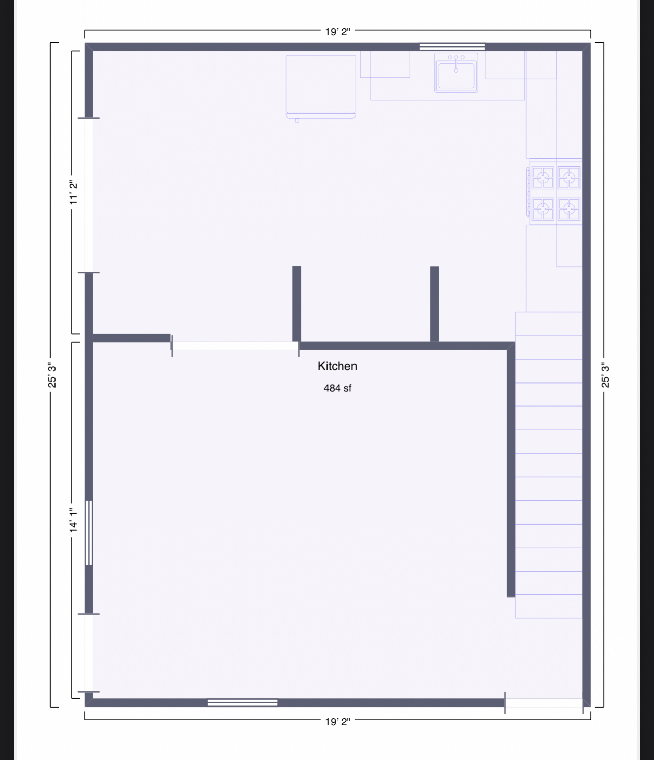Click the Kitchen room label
(x=337, y=366)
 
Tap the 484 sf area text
(x=337, y=388)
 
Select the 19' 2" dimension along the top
(x=337, y=32)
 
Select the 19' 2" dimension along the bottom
(x=337, y=721)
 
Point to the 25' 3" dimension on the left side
(x=52, y=375)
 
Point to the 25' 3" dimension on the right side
(x=605, y=375)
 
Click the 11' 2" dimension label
(x=74, y=193)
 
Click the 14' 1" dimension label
(x=74, y=521)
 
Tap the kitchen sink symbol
(x=456, y=73)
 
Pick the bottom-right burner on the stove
(x=569, y=208)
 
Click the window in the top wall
(x=452, y=47)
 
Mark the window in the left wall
(x=89, y=533)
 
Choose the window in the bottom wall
(x=242, y=703)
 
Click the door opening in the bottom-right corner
(x=543, y=703)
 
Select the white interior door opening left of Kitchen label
(x=235, y=346)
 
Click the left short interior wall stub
(x=296, y=304)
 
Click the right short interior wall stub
(x=434, y=304)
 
